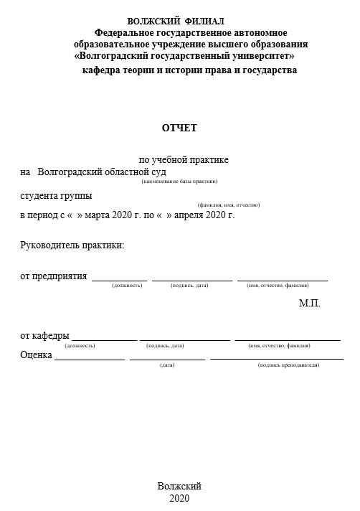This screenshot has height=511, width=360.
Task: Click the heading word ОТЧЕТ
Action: [179, 128]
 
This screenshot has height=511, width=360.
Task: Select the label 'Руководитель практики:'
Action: [72, 245]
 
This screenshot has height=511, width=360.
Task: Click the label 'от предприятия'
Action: [54, 276]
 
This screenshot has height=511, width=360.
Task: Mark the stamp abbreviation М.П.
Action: [309, 304]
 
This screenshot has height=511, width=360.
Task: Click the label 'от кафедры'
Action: [44, 336]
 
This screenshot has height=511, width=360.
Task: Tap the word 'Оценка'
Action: [37, 355]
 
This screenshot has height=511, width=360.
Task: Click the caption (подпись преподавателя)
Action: [288, 365]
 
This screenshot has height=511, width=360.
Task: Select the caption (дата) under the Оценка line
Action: [168, 365]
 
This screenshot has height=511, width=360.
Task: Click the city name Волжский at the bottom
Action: [179, 486]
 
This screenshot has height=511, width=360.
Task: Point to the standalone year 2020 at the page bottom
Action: [179, 498]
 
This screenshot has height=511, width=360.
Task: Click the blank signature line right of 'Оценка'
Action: [90, 358]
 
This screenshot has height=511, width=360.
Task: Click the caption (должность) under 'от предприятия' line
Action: [127, 286]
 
